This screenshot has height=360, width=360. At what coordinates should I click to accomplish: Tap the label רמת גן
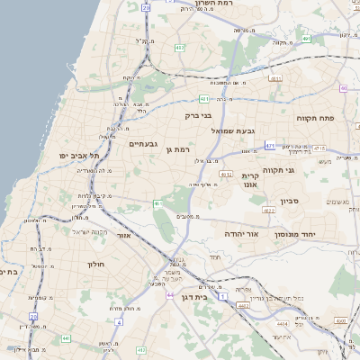181,148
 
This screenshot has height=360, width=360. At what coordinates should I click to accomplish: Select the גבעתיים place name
143,143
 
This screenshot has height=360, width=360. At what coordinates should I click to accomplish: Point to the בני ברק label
198,114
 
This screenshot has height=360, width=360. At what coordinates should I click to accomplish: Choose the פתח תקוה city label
314,118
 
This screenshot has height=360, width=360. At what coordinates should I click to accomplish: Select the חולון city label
96,265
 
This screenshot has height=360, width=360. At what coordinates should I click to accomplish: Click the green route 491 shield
307,39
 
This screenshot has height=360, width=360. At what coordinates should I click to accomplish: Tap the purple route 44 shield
170,294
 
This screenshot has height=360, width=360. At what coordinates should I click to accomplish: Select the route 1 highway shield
223,296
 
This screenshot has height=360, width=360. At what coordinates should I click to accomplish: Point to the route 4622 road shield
269,210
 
